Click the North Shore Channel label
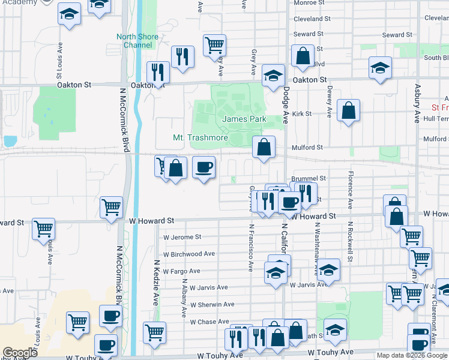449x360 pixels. pos(137,41)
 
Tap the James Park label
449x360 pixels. pos(244,119)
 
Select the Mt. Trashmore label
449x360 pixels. pos(200,137)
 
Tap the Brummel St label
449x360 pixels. pos(309,178)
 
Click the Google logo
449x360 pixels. pos(20,353)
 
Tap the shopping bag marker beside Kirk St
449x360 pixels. pos(348,111)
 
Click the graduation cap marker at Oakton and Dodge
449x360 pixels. pos(273,76)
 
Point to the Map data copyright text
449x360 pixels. pos(411,355)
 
